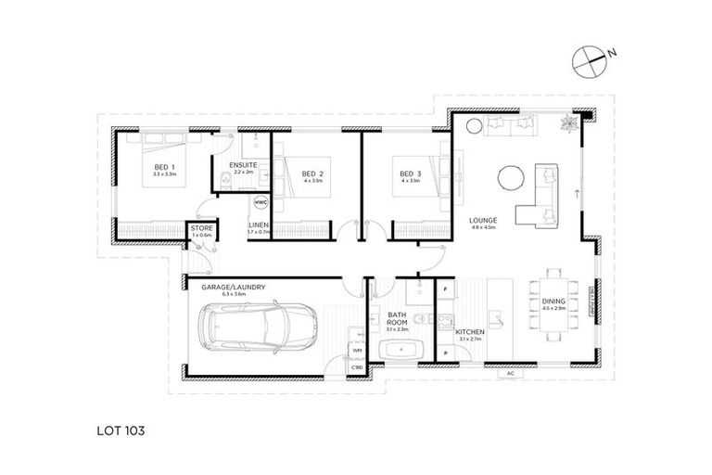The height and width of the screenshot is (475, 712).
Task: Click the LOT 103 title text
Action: click(121, 430)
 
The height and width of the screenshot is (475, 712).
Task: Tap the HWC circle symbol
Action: click(261, 201)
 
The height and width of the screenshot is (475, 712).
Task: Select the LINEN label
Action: click(259, 225)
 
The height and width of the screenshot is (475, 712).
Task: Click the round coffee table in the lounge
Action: click(511, 177)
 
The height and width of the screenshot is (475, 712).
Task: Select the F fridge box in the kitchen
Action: click(446, 290)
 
